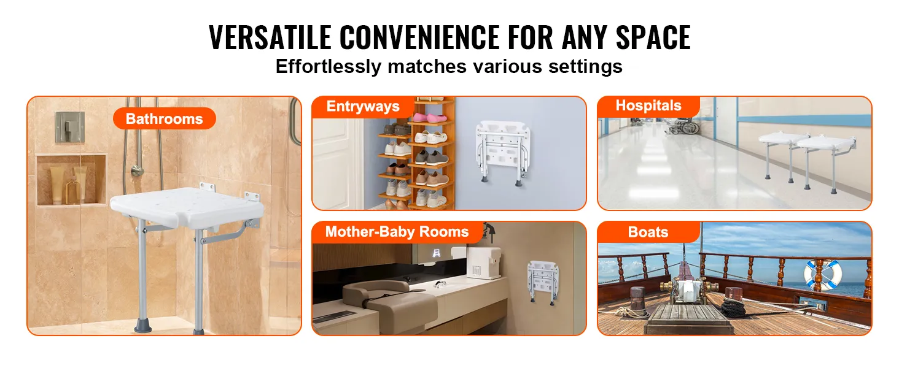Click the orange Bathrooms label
click(x=164, y=118)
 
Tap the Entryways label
click(x=362, y=107)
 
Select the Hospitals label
click(x=648, y=105)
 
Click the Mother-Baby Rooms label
click(x=396, y=232)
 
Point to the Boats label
click(x=648, y=232)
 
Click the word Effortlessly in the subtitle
click(x=328, y=66)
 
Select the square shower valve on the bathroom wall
click(x=69, y=127)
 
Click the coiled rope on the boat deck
click(x=743, y=305)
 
